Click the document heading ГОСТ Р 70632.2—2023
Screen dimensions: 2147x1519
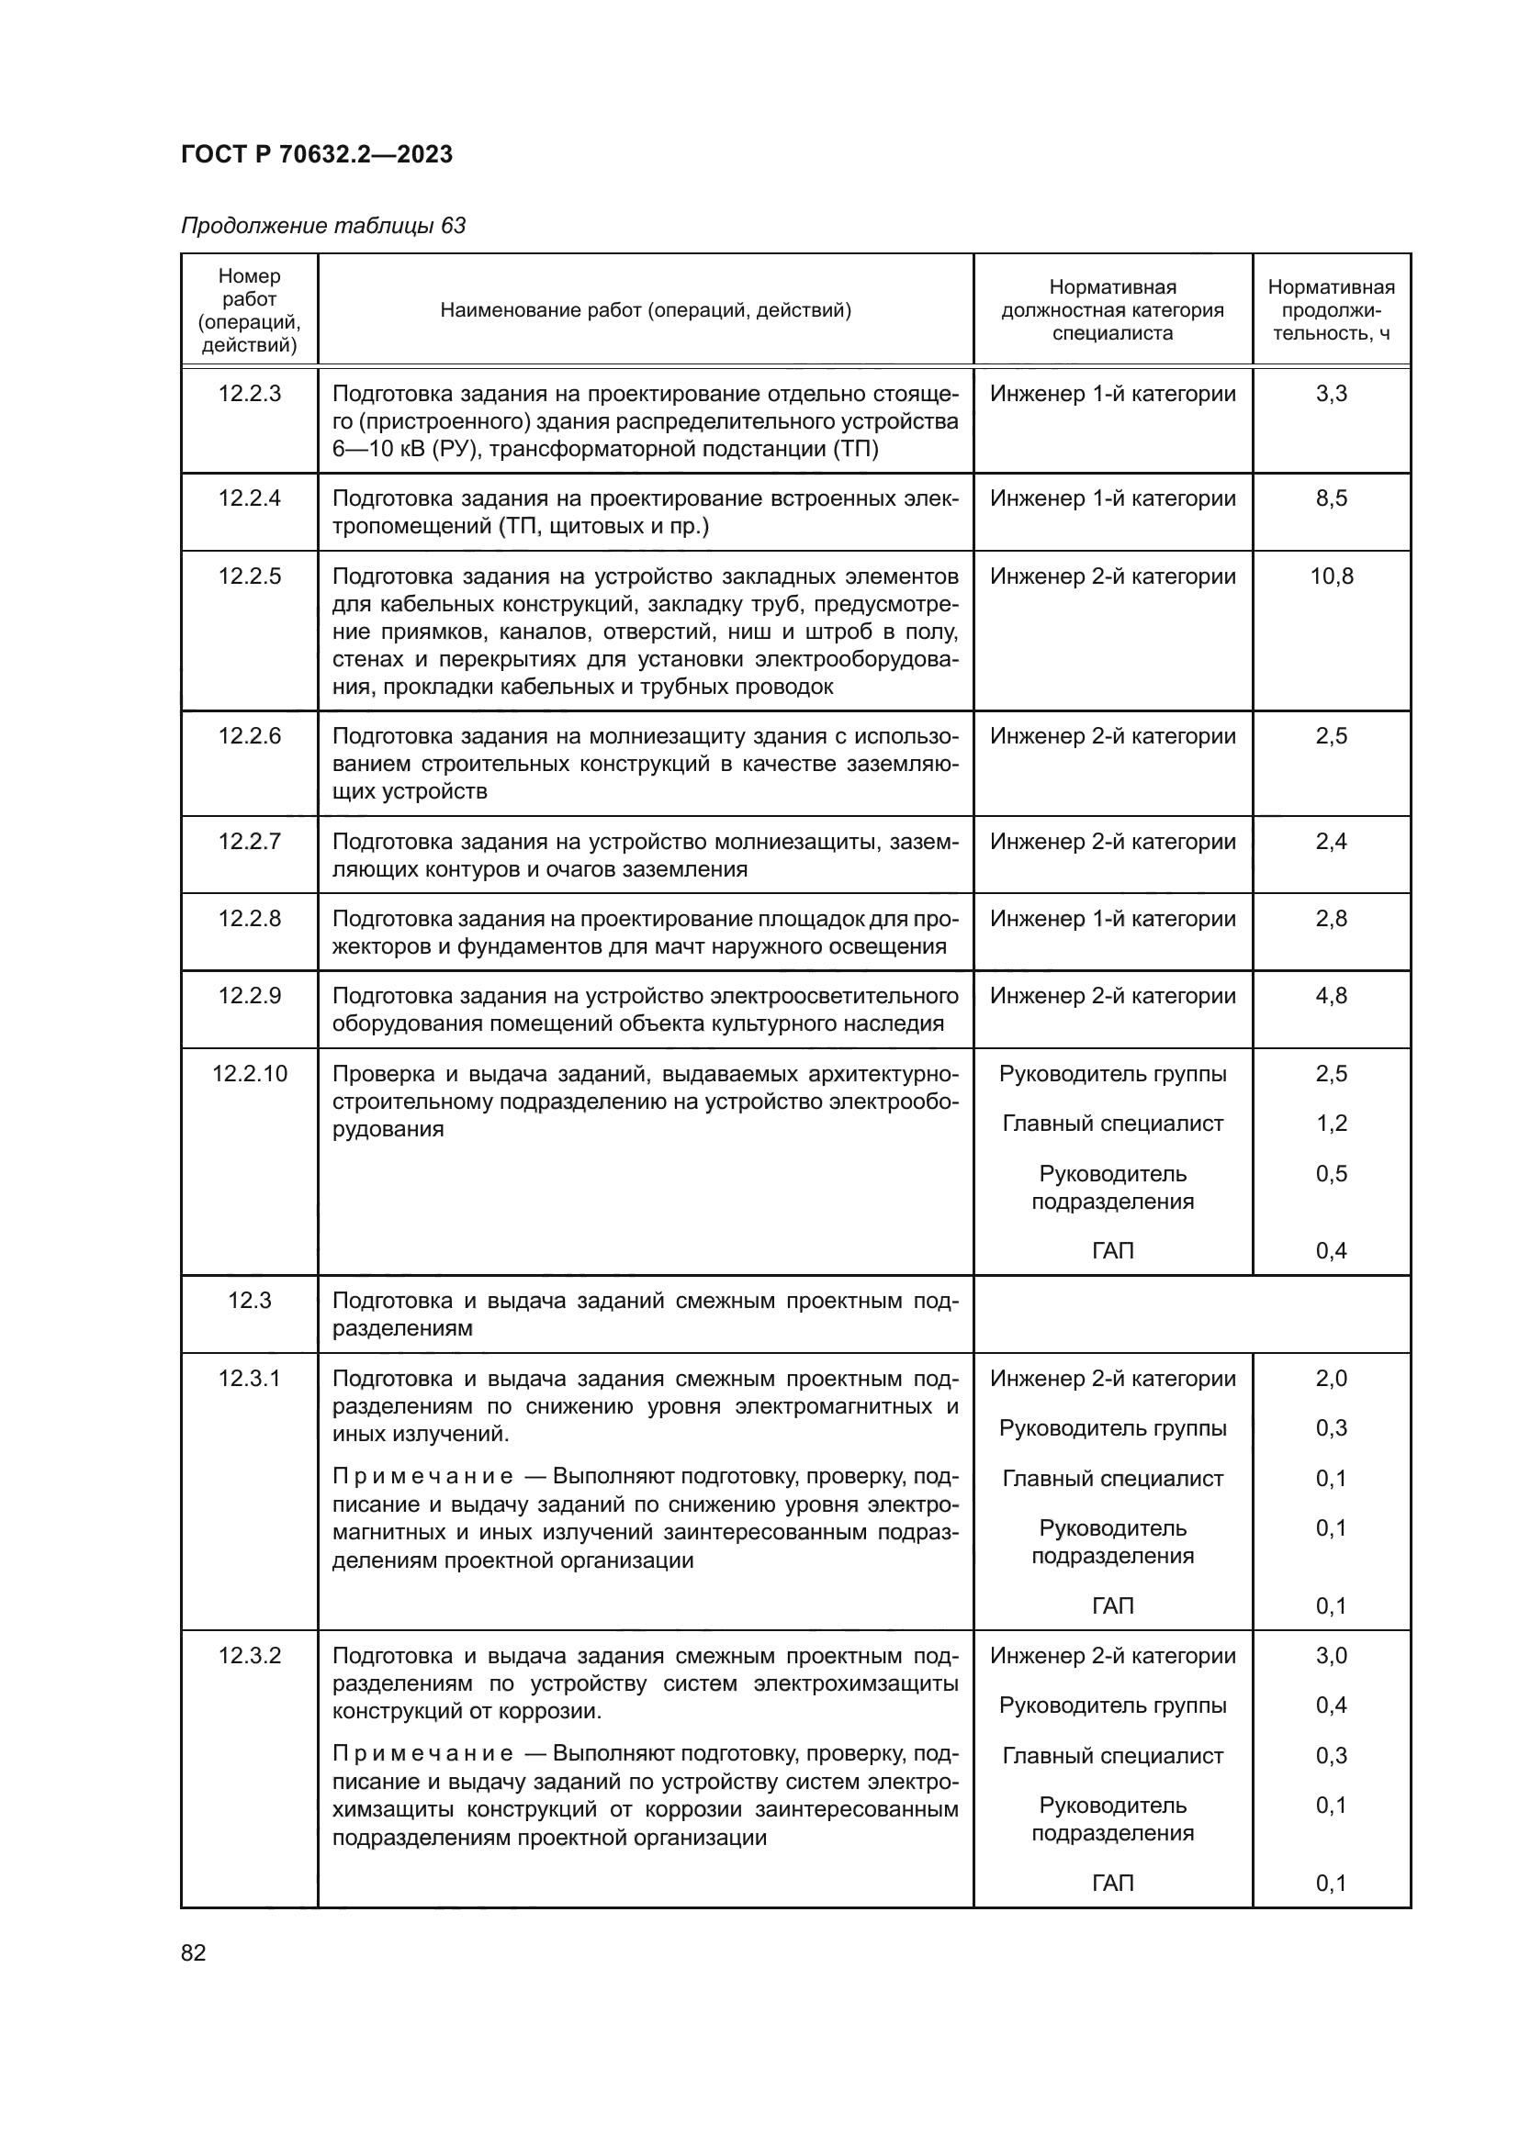pos(316,154)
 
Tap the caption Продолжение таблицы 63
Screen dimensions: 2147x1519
pos(322,226)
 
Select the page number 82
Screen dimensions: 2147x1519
pos(194,1952)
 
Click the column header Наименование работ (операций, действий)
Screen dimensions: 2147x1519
pos(646,309)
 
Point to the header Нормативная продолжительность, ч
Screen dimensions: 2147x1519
pos(1330,309)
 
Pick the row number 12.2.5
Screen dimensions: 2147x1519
pos(250,576)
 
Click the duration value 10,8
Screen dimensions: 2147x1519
pos(1331,576)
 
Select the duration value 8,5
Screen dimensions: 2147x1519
pos(1331,498)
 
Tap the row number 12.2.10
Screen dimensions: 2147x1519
pos(250,1074)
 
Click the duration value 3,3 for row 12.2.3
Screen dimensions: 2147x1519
pos(1331,394)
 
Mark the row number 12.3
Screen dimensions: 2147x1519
pos(250,1301)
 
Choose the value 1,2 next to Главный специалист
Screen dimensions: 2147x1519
pos(1331,1123)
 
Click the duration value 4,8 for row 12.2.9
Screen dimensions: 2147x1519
pos(1331,996)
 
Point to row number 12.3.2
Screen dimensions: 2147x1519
pos(250,1656)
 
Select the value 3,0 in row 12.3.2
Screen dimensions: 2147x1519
pos(1331,1656)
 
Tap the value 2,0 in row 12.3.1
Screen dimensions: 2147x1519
pos(1331,1379)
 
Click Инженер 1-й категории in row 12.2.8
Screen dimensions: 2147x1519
pos(1112,919)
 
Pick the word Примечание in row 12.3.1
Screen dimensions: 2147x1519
pos(422,1477)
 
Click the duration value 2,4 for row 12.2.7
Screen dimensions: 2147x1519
pos(1331,842)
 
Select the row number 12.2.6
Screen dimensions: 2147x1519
pos(250,736)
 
